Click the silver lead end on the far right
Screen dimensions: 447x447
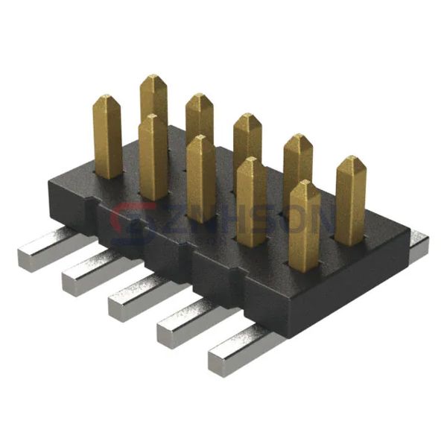419,247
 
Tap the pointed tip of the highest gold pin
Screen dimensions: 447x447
153,76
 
